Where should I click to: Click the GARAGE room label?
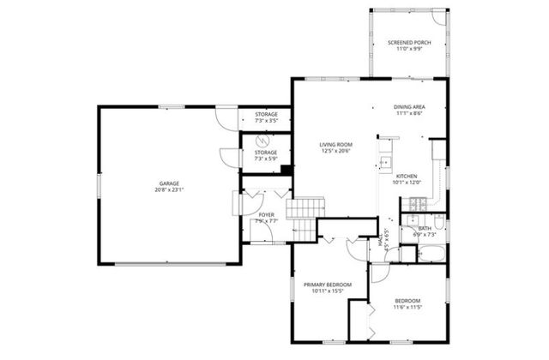[170, 183]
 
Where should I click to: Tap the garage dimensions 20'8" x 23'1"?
[170, 190]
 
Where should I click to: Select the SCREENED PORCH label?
[408, 42]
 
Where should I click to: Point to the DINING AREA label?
[410, 107]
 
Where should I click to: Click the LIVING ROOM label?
[336, 145]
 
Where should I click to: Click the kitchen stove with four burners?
[418, 203]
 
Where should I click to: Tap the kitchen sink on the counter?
[385, 160]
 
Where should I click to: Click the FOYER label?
[266, 214]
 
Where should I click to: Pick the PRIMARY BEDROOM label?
[328, 285]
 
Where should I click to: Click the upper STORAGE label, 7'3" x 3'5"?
[266, 114]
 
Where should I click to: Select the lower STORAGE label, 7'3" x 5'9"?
[266, 153]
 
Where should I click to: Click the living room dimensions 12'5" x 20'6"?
[336, 152]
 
